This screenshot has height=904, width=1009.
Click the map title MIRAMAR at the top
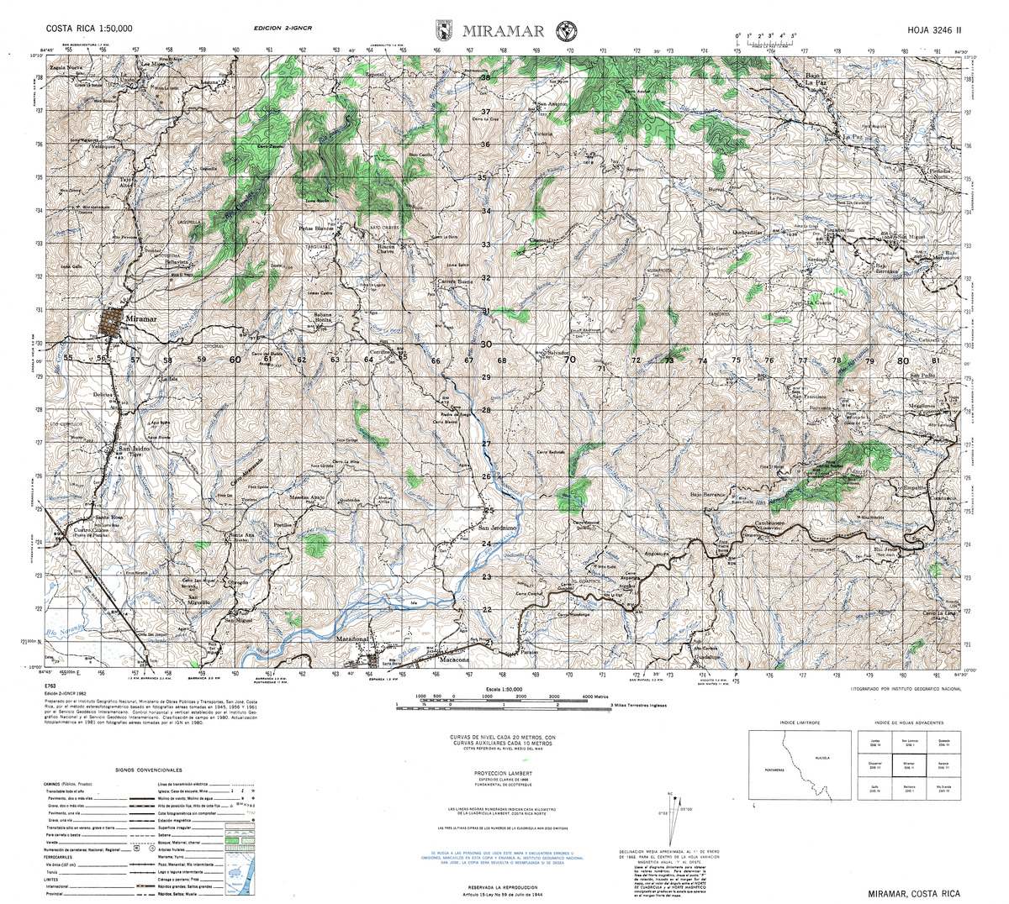coord(503,32)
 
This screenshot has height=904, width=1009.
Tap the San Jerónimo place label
coord(497,528)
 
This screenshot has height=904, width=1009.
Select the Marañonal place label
coord(353,640)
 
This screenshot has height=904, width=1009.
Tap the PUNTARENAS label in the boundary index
coord(772,768)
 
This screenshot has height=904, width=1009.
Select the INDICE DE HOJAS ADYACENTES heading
coord(908,723)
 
